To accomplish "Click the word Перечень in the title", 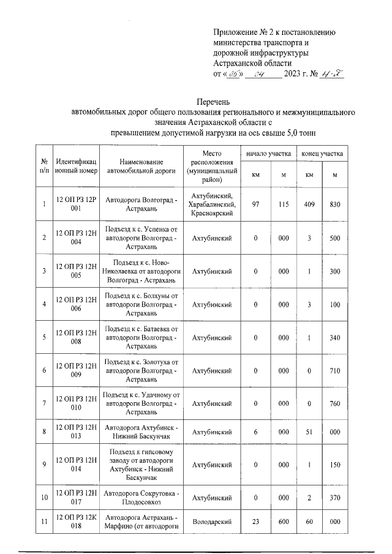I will point(214,101).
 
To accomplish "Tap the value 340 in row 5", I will point(335,337).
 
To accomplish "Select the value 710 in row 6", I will point(335,370).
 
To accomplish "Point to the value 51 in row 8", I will point(310,432).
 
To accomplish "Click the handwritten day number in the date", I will point(233,75).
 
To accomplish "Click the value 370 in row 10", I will point(335,498).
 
